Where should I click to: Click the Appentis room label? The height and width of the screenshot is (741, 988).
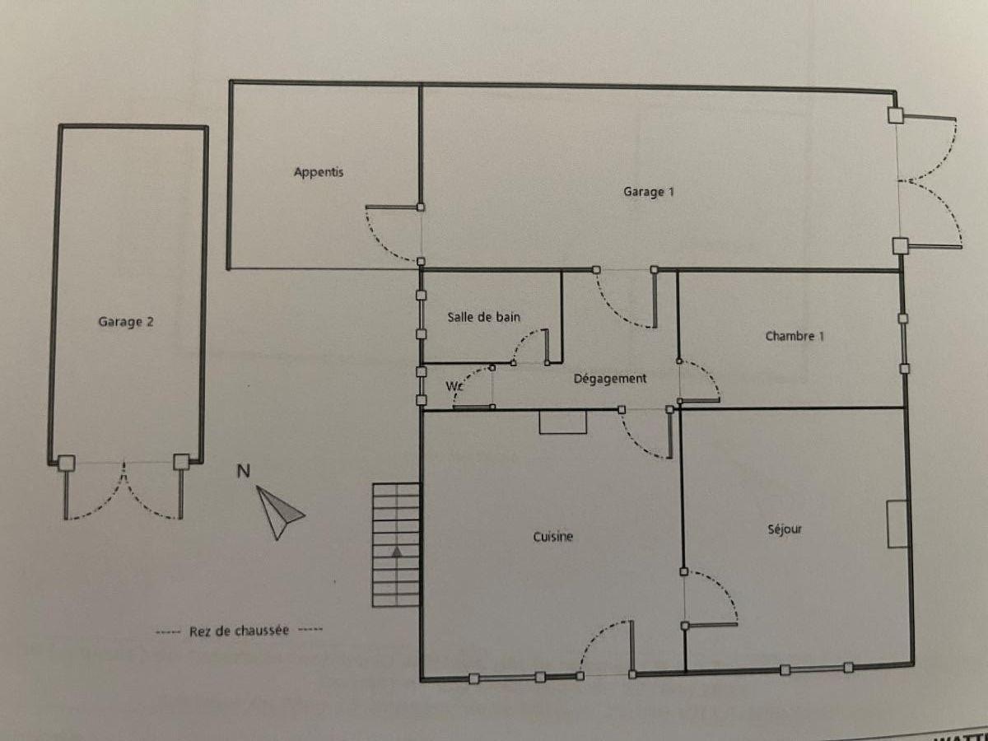click(319, 172)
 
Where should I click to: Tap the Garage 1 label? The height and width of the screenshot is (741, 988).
click(649, 192)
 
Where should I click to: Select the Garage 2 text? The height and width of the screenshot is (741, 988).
click(126, 322)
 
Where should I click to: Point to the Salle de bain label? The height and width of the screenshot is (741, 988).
click(483, 317)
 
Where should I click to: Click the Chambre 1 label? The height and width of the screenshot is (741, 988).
click(795, 336)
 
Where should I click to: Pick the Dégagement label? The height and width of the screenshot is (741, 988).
click(610, 379)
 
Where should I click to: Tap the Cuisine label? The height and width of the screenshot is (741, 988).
click(552, 536)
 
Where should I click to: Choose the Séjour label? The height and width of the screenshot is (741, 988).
click(785, 529)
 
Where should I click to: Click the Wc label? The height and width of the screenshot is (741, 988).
click(454, 386)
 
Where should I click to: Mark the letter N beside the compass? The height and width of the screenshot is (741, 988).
click(243, 471)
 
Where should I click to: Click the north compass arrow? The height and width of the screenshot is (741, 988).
click(279, 512)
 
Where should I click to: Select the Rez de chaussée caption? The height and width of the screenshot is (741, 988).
click(239, 631)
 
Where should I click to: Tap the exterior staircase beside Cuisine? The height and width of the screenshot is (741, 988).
click(396, 545)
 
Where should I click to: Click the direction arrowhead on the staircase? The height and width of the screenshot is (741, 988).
click(397, 552)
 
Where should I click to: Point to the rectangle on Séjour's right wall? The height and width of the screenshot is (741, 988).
click(897, 524)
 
